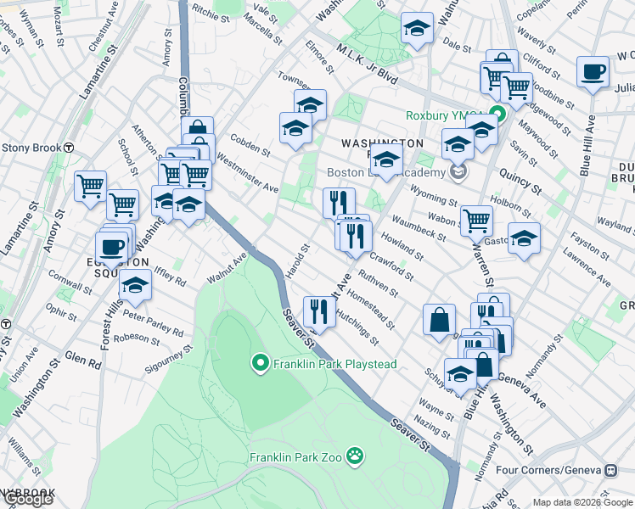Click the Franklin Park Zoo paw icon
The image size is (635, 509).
point(355,457)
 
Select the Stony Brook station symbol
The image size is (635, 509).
point(69,147)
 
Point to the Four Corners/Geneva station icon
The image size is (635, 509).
point(611,469)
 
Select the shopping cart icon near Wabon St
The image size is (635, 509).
point(476,221)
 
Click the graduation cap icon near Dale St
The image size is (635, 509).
point(417,29)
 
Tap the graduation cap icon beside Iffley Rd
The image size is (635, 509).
point(134,286)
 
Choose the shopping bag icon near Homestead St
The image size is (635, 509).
point(440,320)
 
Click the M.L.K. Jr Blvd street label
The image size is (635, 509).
point(367,64)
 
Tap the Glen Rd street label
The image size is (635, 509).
point(82,360)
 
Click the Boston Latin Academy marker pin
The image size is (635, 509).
point(459,173)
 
